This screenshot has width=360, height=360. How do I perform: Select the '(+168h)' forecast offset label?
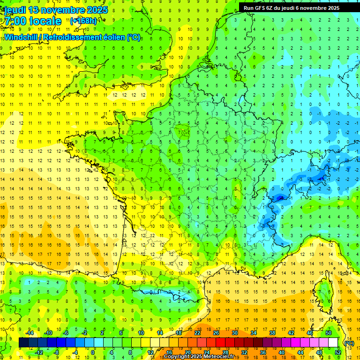[83, 21]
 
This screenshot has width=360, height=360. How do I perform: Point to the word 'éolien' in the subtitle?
[113, 37]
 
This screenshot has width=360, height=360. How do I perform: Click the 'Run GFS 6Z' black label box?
[299, 7]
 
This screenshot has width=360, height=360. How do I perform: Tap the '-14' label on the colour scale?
[30, 333]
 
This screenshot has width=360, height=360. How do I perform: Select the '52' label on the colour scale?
[337, 352]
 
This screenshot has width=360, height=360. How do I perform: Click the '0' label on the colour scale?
[92, 352]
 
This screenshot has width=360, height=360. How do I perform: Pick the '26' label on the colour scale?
[216, 333]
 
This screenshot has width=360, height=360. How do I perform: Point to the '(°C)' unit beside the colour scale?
[349, 343]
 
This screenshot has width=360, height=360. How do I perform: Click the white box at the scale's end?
[333, 343]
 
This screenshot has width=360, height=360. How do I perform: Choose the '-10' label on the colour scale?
[48, 333]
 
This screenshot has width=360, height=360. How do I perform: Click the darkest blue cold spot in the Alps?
[280, 198]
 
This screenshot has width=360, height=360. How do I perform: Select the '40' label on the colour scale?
[282, 352]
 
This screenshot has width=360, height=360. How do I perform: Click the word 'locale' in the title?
[45, 21]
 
